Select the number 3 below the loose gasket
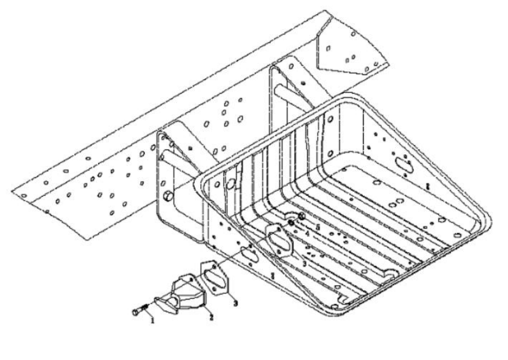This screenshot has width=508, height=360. (x=235, y=303)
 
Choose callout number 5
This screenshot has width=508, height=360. (x=312, y=227)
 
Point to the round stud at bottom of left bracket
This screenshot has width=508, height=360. (x=168, y=196)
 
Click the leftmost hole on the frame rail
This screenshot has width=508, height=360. (x=24, y=195)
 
